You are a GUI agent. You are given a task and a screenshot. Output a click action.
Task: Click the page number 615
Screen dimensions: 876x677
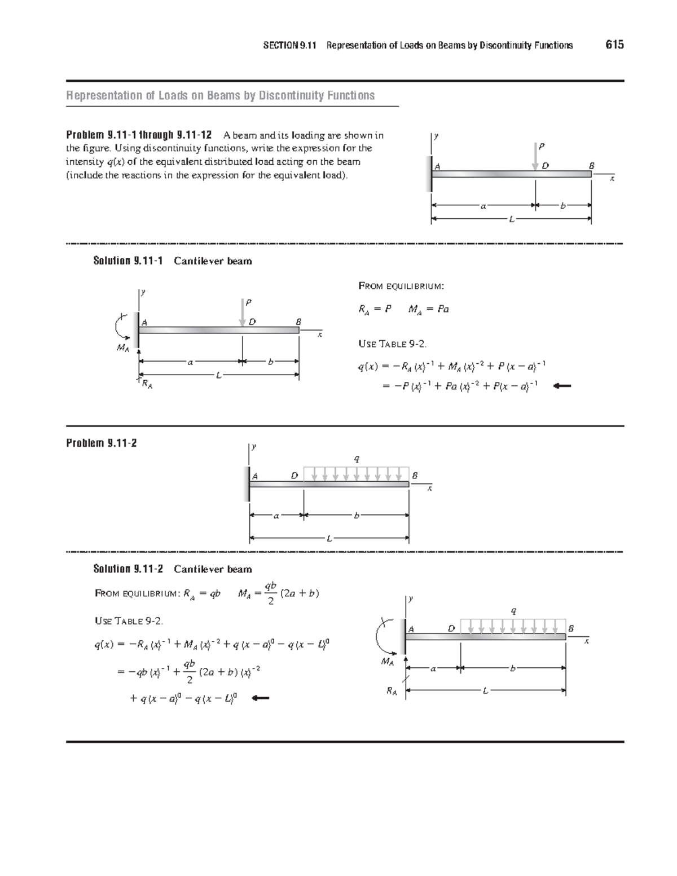point(614,45)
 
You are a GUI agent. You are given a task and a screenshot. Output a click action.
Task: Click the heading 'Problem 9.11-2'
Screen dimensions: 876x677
point(101,443)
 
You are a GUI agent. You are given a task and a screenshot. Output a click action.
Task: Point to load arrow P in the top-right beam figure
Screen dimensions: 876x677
point(535,155)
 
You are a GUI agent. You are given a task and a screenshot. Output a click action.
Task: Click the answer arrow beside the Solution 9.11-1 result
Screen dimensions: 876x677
point(562,386)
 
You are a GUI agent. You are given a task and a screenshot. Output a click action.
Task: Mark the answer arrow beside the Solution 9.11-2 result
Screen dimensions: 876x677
point(260,698)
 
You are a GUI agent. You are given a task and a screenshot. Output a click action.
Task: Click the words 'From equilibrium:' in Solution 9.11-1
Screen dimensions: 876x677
point(401,286)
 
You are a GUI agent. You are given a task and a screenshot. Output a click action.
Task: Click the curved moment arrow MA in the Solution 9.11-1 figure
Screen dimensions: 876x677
point(119,326)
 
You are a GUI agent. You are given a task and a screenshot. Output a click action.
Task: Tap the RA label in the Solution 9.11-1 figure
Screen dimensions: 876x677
point(147,385)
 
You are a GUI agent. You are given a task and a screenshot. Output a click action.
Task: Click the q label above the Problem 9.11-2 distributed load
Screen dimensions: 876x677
point(356,458)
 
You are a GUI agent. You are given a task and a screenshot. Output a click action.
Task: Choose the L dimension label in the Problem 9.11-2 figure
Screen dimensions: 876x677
point(328,538)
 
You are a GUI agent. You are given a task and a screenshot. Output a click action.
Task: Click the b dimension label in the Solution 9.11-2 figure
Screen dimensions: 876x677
point(512,669)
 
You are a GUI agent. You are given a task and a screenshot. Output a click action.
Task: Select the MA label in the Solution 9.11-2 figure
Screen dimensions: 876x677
point(387,662)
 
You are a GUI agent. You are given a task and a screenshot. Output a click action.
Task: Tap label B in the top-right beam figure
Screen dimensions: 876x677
point(591,166)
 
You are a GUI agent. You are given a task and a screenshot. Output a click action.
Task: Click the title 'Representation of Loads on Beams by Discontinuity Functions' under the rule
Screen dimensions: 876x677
point(221,95)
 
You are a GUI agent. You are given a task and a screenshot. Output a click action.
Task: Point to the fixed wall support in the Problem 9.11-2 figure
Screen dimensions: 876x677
point(247,484)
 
